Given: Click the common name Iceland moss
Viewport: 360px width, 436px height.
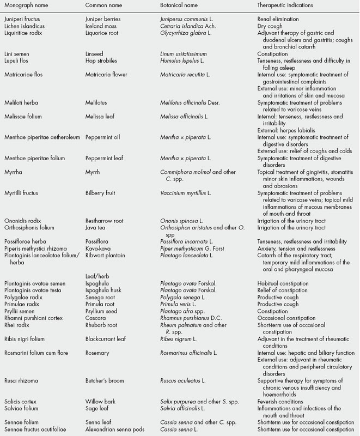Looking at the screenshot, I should [x=101, y=26].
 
